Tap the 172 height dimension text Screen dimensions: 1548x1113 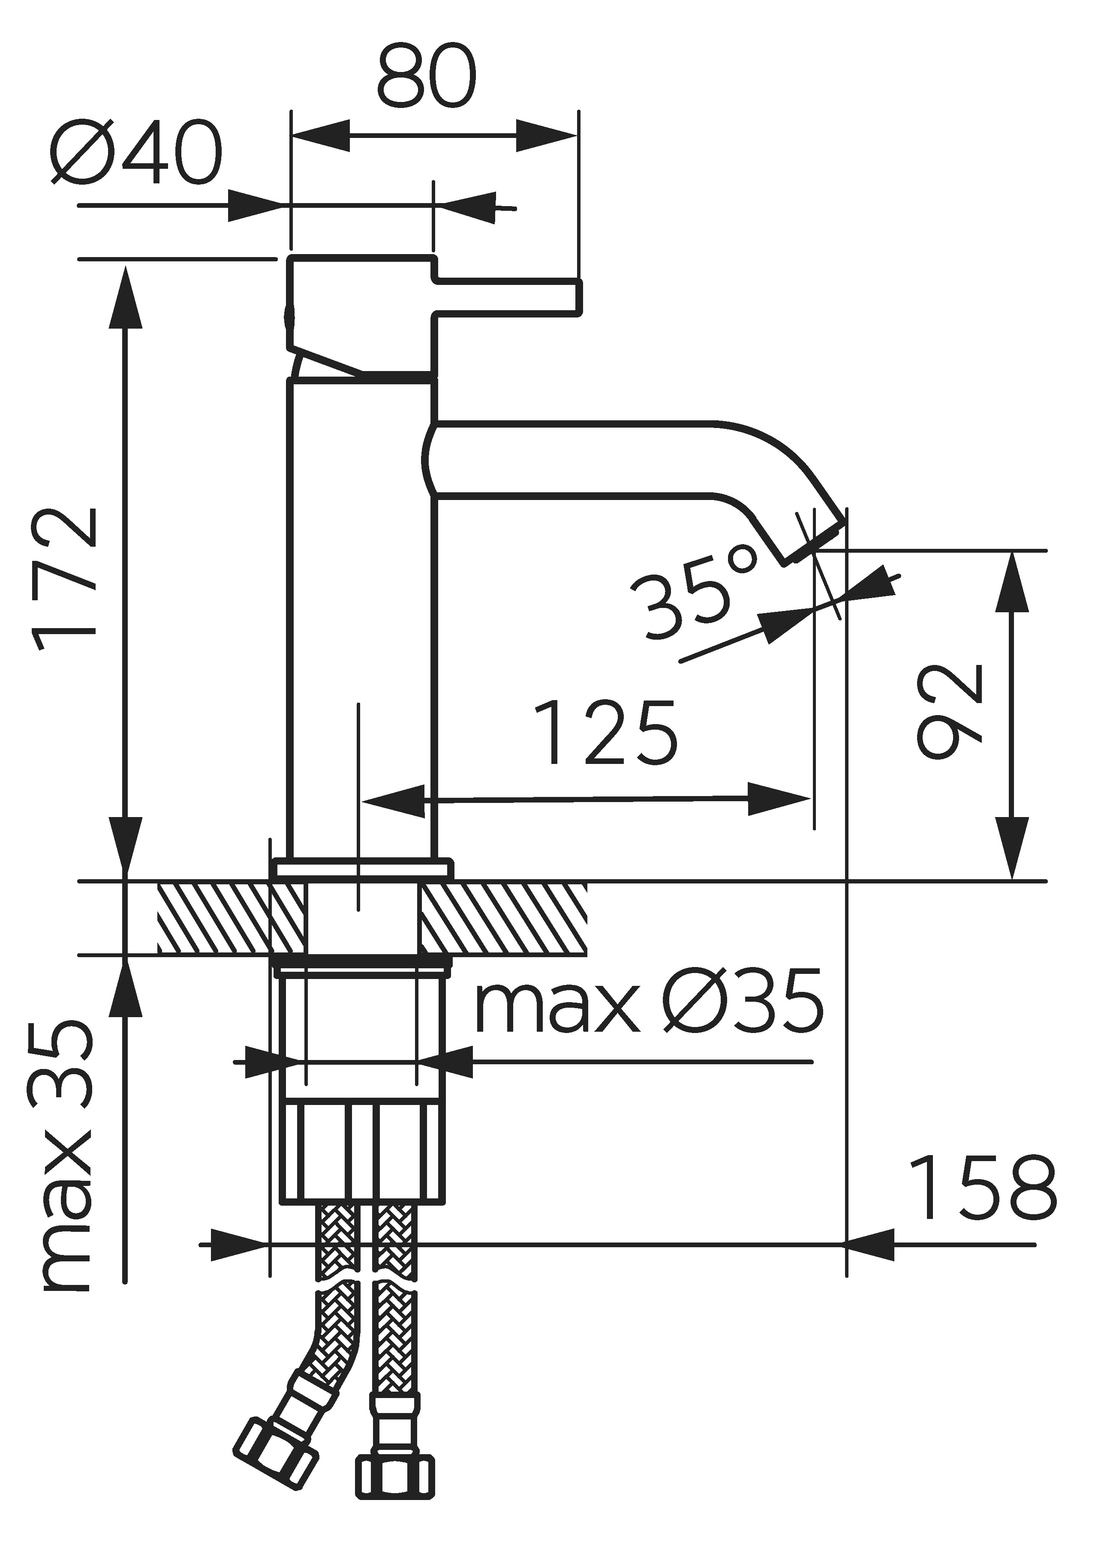(x=65, y=579)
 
